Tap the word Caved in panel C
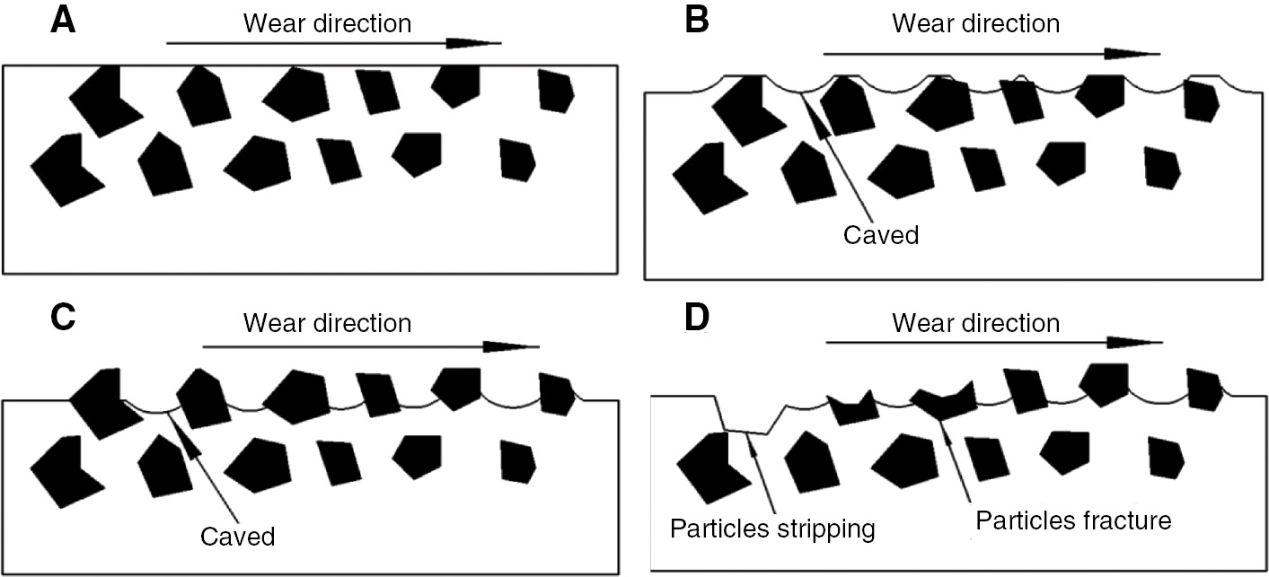pyautogui.click(x=237, y=537)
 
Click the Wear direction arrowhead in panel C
pyautogui.click(x=512, y=346)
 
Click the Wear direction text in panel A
pyautogui.click(x=327, y=22)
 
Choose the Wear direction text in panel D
pyautogui.click(x=975, y=321)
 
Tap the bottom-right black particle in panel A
pyautogui.click(x=517, y=160)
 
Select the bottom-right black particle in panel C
pyautogui.click(x=517, y=460)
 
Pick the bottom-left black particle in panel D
pyautogui.click(x=711, y=466)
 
